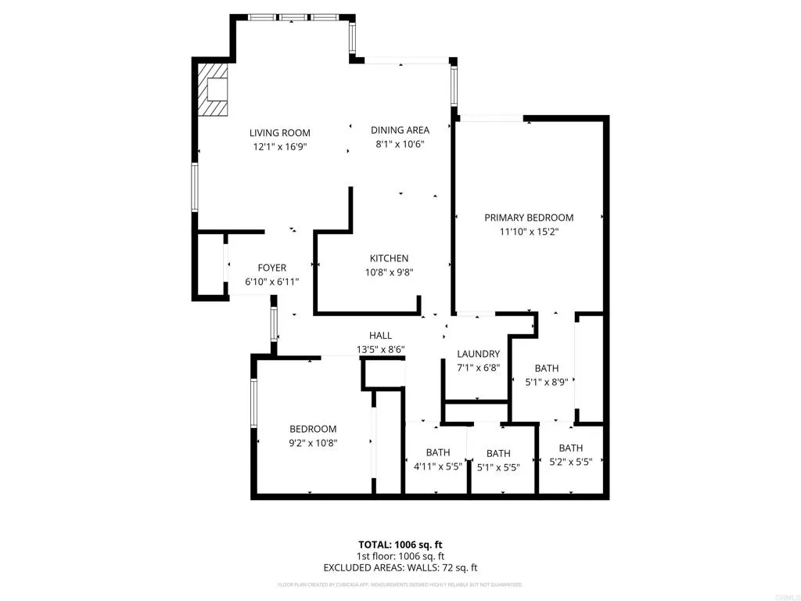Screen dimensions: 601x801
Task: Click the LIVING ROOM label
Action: pyautogui.click(x=279, y=133)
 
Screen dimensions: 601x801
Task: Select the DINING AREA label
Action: pyautogui.click(x=400, y=131)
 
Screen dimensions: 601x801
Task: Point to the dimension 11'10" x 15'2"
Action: pyautogui.click(x=529, y=231)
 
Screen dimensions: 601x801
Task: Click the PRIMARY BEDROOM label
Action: pyautogui.click(x=529, y=218)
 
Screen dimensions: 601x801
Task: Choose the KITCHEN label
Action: pyautogui.click(x=389, y=259)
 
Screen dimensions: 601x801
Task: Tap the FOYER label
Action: pyautogui.click(x=272, y=268)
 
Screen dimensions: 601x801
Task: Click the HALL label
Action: pyautogui.click(x=381, y=336)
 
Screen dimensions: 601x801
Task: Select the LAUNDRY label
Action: pyautogui.click(x=478, y=354)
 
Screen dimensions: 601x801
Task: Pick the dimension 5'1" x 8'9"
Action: pyautogui.click(x=546, y=382)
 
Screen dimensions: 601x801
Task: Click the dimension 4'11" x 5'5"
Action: pyautogui.click(x=438, y=466)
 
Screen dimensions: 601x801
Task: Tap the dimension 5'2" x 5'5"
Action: pyautogui.click(x=570, y=462)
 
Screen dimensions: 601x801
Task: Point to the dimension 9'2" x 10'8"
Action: pyautogui.click(x=313, y=442)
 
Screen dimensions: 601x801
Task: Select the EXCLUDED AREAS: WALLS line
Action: pyautogui.click(x=400, y=567)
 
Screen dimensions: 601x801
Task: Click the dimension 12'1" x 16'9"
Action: pyautogui.click(x=279, y=146)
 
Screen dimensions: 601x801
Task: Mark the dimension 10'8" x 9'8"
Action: pyautogui.click(x=389, y=272)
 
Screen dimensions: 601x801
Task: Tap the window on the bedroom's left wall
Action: pyautogui.click(x=253, y=403)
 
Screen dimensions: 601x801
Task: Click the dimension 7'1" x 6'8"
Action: pyautogui.click(x=478, y=367)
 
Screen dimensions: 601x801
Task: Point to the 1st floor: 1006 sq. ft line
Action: pyautogui.click(x=400, y=556)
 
